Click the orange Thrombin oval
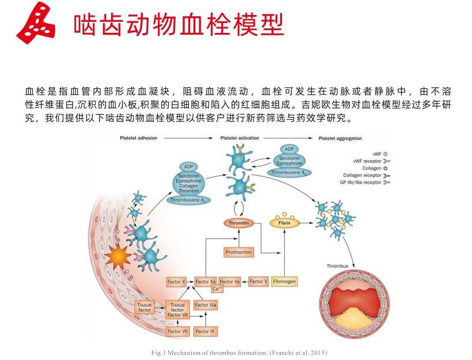[x=238, y=222]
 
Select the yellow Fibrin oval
[x=284, y=222]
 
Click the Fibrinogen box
[x=284, y=281]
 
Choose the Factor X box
[x=176, y=282]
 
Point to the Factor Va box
[x=230, y=282]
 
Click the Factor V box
[x=258, y=282]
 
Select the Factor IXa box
[x=206, y=305]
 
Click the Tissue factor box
[x=144, y=307]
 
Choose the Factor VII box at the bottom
[x=177, y=331]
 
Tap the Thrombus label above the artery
[x=338, y=266]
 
